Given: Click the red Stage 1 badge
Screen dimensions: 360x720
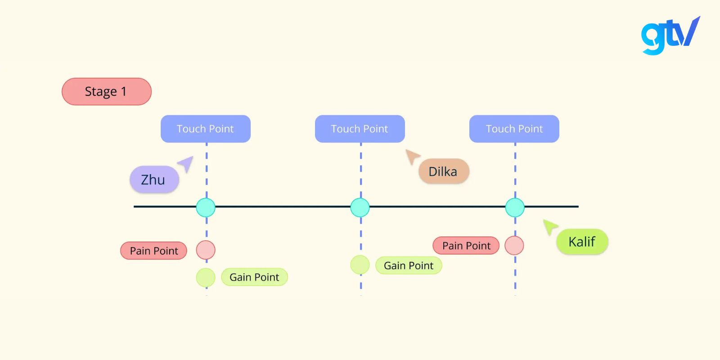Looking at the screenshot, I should tap(107, 92).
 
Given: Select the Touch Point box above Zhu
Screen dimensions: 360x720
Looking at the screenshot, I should tap(206, 129).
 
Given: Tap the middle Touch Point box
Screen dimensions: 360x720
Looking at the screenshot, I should tap(360, 129).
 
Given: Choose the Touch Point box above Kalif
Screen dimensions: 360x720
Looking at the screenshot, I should tap(514, 129).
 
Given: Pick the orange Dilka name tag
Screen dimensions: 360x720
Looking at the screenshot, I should tap(444, 171).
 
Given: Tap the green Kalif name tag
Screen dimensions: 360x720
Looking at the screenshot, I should tap(582, 242).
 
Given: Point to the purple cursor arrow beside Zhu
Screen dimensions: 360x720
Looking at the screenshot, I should tap(186, 163).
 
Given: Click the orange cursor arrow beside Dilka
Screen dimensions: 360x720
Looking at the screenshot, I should tap(412, 157).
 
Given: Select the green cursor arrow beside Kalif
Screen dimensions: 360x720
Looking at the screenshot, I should tap(549, 226).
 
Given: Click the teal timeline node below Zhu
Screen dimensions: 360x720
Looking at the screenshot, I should tap(206, 207).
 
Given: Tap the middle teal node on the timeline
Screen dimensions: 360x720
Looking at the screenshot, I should tap(360, 207).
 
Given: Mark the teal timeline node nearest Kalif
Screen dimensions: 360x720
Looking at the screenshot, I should tap(515, 207).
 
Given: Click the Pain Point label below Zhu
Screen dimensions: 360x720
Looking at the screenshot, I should tap(154, 251).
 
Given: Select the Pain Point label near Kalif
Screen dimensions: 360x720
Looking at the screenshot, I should tap(466, 246).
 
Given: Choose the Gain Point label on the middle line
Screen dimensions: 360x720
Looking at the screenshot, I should tap(409, 265).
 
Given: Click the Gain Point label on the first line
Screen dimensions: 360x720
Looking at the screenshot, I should tap(254, 277).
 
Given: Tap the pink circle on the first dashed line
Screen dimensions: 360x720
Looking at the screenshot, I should tap(206, 250).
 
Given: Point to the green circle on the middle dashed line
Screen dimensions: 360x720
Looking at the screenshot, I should tap(360, 265).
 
